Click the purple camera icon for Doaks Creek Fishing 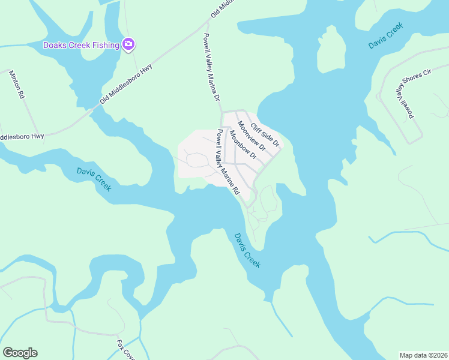click(x=128, y=44)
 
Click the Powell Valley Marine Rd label click(x=228, y=162)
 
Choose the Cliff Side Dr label click(x=265, y=135)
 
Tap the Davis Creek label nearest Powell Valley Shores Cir click(x=385, y=37)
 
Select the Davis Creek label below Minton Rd click(x=94, y=179)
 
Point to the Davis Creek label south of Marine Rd click(x=247, y=250)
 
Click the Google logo click(x=20, y=353)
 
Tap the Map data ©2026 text click(x=423, y=355)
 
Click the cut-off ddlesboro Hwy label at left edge click(x=22, y=137)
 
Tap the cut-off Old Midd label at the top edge click(x=220, y=10)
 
